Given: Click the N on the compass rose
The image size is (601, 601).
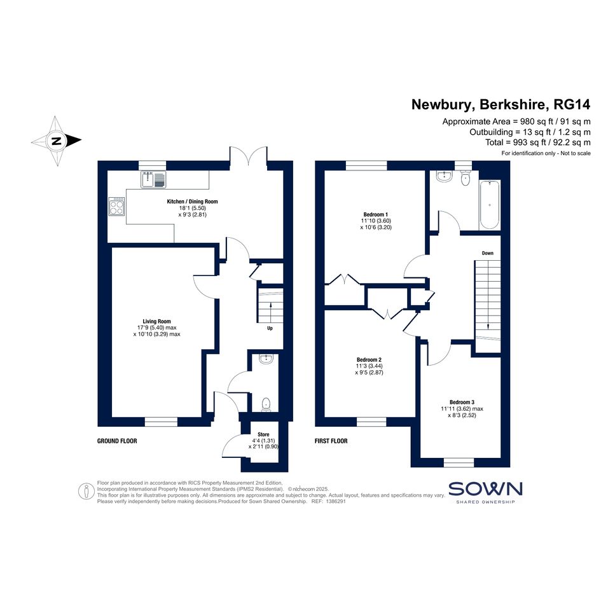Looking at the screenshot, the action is [x=57, y=141].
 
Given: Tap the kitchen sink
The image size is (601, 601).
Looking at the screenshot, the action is [x=153, y=179].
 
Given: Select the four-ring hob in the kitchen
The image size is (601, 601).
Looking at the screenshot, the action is [x=116, y=206].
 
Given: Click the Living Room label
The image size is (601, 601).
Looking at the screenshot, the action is [x=156, y=321].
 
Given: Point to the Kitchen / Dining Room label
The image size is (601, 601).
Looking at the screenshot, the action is [x=193, y=201].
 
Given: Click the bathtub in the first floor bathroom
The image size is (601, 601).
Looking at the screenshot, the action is [x=490, y=204].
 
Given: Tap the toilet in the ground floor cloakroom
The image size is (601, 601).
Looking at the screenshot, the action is [x=266, y=404].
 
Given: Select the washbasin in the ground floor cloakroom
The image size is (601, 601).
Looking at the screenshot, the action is [x=266, y=359].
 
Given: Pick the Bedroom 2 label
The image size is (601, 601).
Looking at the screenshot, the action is [x=369, y=359].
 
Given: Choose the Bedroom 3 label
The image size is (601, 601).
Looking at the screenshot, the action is [x=462, y=402].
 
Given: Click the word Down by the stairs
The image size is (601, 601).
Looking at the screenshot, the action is [x=488, y=253].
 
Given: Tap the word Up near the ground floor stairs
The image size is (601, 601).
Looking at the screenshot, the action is [x=270, y=328].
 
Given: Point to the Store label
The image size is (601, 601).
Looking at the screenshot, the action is [x=263, y=434].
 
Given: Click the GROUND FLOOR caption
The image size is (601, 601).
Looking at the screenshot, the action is [x=117, y=441].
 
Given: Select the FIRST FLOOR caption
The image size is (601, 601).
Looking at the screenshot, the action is [x=331, y=441].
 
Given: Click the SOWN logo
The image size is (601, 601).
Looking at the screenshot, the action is [x=485, y=492].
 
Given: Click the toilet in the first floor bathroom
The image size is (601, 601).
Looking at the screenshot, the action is [x=466, y=178].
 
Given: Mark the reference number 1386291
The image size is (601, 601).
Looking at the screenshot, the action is [x=335, y=501].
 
